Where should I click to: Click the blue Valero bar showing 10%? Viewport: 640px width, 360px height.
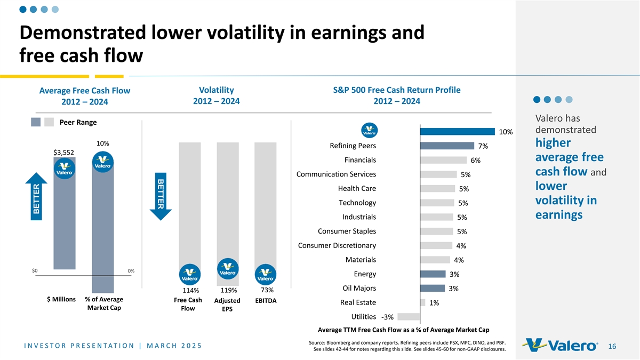(x=457, y=131)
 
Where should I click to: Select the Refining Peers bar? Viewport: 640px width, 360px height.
(x=447, y=146)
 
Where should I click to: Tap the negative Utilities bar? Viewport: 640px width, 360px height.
(x=409, y=317)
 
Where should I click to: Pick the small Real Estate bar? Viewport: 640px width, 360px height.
(x=423, y=302)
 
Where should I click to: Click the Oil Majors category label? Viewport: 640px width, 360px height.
(x=359, y=288)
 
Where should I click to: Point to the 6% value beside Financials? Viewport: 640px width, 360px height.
(x=475, y=161)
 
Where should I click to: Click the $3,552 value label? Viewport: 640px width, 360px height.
(x=63, y=153)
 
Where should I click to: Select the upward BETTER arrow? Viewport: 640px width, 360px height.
(x=36, y=196)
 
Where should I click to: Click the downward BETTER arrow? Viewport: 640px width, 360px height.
(x=161, y=196)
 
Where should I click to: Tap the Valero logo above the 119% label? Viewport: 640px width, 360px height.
(x=228, y=269)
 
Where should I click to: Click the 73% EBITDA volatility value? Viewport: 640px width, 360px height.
(x=267, y=290)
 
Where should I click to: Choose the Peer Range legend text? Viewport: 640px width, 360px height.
(x=78, y=122)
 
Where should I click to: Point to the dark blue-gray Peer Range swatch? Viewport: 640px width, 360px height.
(x=36, y=122)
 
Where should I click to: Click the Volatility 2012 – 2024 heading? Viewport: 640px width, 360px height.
(x=217, y=95)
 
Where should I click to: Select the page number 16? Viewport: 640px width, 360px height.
(x=612, y=346)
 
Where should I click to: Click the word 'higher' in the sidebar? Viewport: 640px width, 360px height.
(x=553, y=142)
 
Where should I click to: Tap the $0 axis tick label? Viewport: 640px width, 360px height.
(x=35, y=270)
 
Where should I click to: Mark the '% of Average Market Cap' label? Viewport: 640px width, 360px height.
(x=104, y=303)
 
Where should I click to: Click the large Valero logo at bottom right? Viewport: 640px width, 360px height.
(x=560, y=345)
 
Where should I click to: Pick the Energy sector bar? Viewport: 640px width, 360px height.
(x=433, y=274)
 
